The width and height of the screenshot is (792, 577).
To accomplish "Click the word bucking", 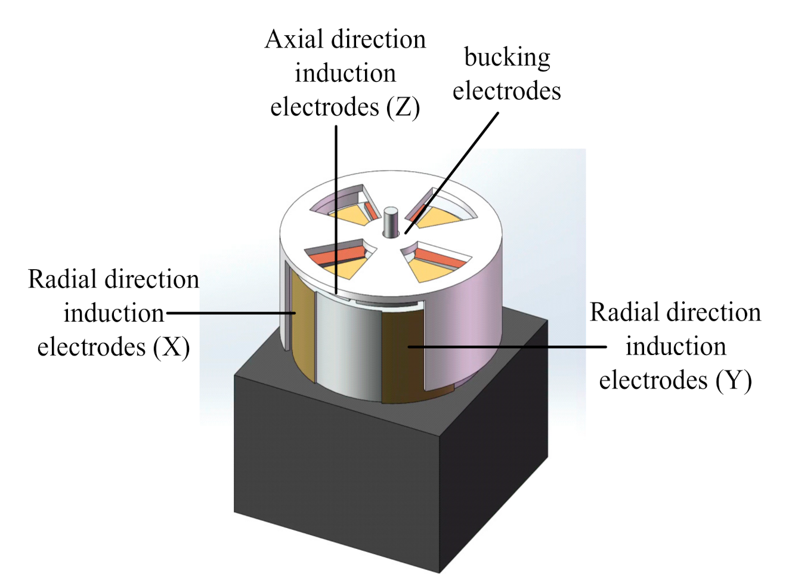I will [507, 58].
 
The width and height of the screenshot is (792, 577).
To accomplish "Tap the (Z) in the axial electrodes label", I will [403, 107].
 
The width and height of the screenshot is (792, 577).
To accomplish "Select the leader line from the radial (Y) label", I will [507, 346].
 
